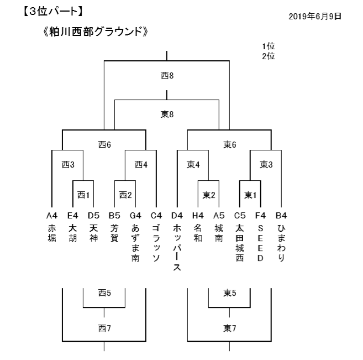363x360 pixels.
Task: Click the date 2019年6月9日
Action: (315, 17)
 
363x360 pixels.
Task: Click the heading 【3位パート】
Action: (53, 12)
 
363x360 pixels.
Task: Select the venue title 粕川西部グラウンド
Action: (96, 32)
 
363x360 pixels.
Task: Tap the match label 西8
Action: (167, 76)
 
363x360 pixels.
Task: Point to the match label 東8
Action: (167, 114)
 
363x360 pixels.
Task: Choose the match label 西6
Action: (104, 144)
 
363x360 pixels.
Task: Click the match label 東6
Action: (230, 144)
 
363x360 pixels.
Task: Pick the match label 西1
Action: (83, 195)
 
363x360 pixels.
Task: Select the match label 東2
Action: (209, 195)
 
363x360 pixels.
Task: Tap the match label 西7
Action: (104, 328)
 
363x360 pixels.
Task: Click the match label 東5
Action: (230, 293)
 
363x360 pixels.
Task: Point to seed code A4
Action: (52, 216)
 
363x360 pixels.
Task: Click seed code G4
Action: (135, 216)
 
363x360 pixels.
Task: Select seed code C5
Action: (240, 216)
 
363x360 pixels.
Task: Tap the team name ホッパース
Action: (177, 248)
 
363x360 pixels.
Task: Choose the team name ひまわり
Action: (281, 243)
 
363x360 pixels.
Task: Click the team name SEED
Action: (260, 243)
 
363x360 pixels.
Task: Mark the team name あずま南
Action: (135, 243)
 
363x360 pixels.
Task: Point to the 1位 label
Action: (269, 46)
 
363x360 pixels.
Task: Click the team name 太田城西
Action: (240, 243)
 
